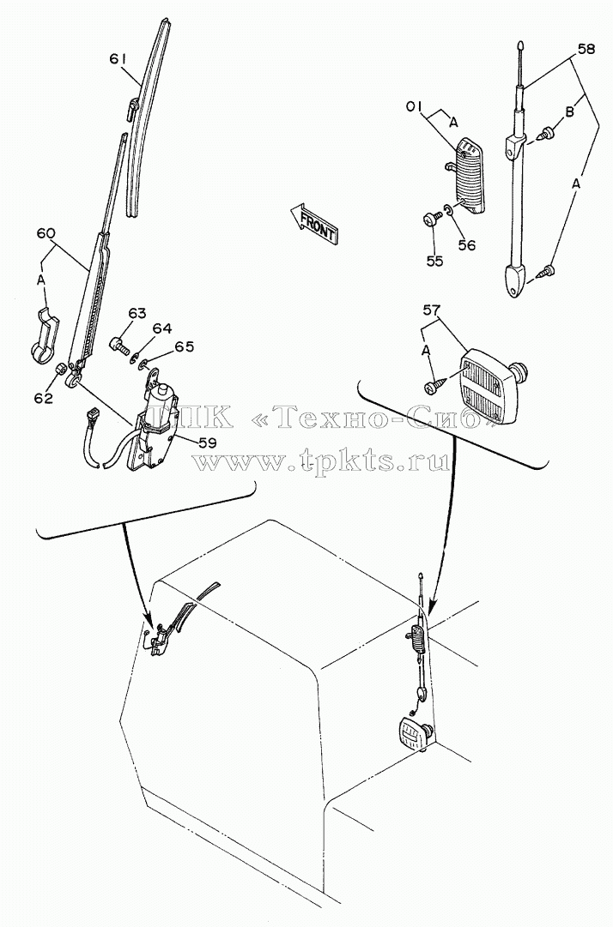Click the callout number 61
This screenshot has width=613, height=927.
(118, 58)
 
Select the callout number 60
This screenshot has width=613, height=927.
(46, 233)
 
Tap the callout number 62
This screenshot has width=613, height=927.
(43, 398)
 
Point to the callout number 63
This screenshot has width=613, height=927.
(137, 313)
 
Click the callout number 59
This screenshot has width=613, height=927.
(207, 442)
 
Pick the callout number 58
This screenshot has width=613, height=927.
(586, 50)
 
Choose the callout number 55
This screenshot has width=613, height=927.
(435, 260)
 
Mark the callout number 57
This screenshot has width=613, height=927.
(433, 310)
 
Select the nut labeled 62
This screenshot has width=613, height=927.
(60, 370)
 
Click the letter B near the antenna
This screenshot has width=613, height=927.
(569, 111)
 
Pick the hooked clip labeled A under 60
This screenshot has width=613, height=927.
(43, 334)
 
